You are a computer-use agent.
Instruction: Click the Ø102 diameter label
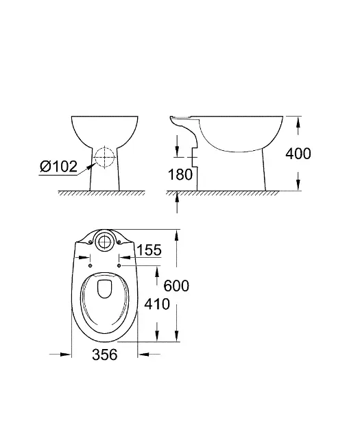click(x=58, y=167)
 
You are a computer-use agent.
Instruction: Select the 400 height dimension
click(x=298, y=154)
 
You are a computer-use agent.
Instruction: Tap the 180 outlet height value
click(x=180, y=174)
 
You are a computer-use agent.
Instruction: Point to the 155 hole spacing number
click(x=149, y=250)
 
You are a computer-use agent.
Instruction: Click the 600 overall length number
click(x=176, y=285)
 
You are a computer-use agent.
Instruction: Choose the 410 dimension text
click(x=157, y=304)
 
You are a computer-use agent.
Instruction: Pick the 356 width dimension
click(x=105, y=354)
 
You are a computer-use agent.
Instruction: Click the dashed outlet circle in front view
click(x=105, y=156)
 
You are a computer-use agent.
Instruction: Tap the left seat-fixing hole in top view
click(x=91, y=265)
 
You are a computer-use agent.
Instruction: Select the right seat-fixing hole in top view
click(x=119, y=265)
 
